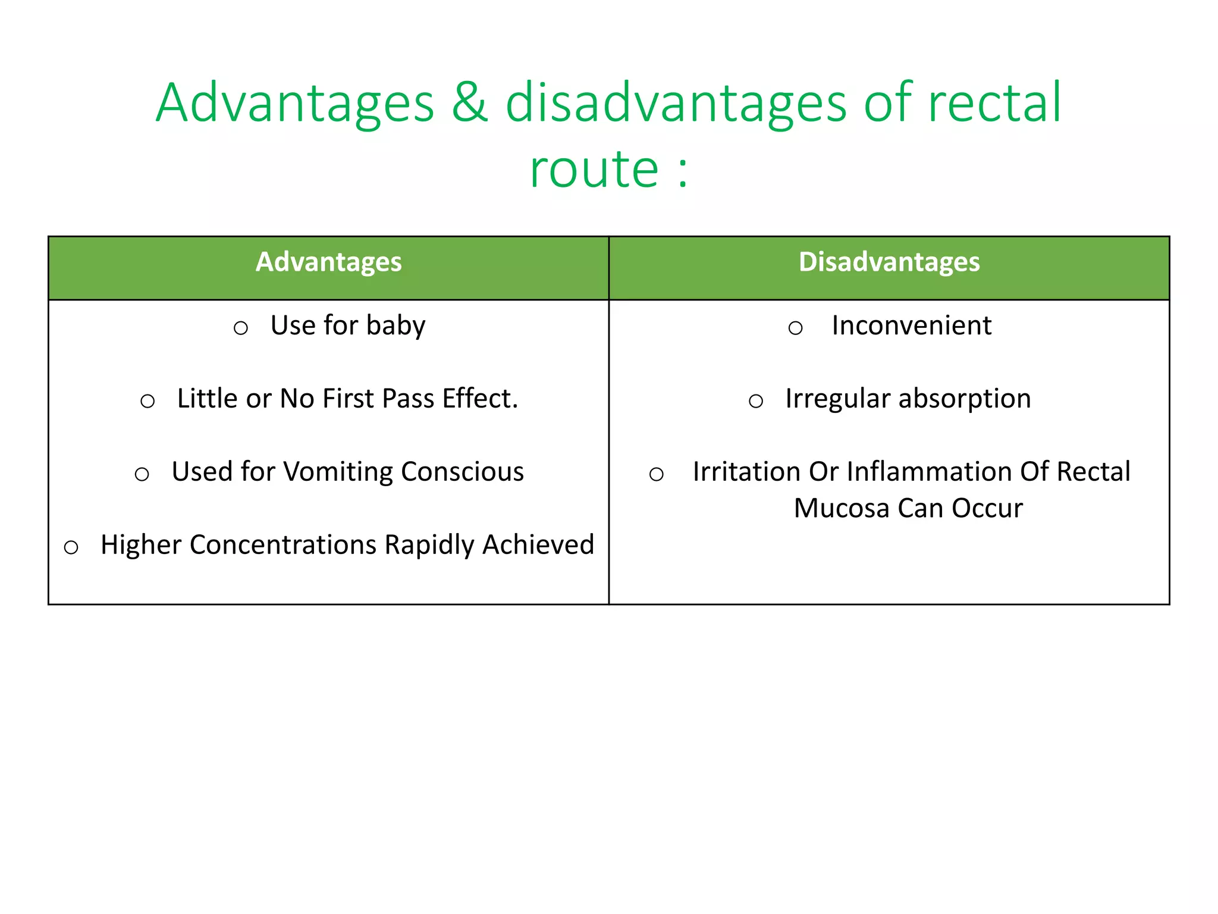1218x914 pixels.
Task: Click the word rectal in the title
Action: pyautogui.click(x=994, y=103)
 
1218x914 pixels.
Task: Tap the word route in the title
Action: pyautogui.click(x=594, y=170)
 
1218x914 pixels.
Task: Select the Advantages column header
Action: pyautogui.click(x=328, y=262)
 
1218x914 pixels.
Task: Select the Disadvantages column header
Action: pyautogui.click(x=889, y=262)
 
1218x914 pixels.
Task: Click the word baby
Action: pyautogui.click(x=395, y=326)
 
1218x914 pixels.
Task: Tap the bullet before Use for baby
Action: pyautogui.click(x=240, y=328)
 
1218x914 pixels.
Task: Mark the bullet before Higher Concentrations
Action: pyautogui.click(x=71, y=547)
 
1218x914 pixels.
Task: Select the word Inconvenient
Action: pyautogui.click(x=911, y=326)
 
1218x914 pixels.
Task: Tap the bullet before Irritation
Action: pyautogui.click(x=656, y=474)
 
